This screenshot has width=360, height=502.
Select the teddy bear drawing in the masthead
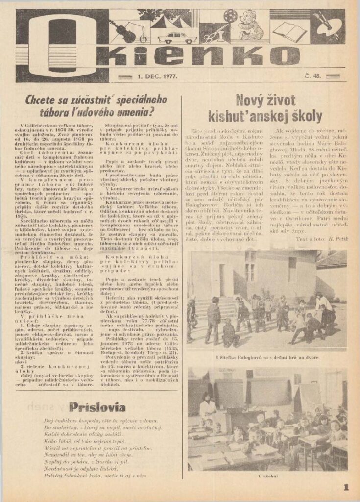251,27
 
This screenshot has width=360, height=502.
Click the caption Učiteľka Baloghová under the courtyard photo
267,357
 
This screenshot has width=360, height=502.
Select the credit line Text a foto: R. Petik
321,238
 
